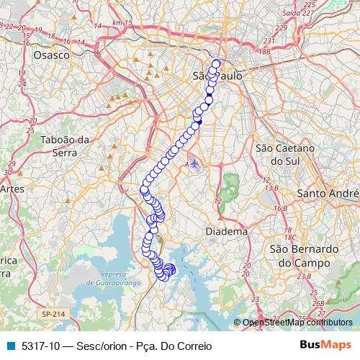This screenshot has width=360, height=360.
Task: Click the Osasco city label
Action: (51, 55)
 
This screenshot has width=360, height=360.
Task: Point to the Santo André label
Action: (328, 194)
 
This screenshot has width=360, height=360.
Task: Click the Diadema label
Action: (226, 232)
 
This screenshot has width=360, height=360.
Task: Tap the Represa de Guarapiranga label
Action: (109, 278)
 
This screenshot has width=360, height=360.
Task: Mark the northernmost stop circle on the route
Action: (215, 62)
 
